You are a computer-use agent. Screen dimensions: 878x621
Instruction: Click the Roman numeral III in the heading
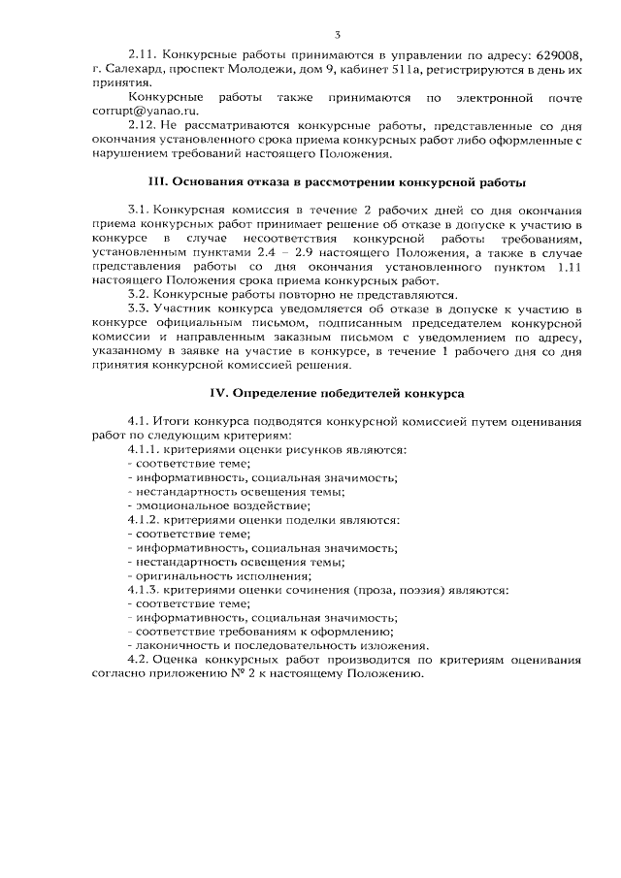click(158, 181)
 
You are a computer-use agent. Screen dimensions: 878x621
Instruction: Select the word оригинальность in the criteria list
click(182, 575)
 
